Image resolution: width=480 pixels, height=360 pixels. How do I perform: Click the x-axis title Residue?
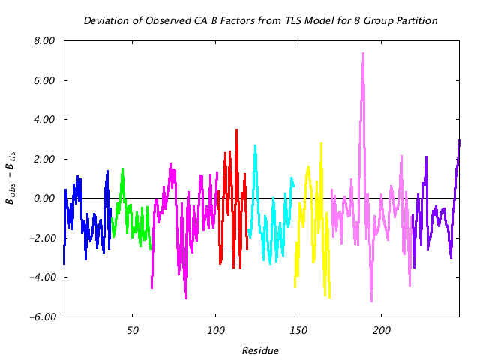pos(261,350)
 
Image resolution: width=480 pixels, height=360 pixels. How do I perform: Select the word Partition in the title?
pos(417,20)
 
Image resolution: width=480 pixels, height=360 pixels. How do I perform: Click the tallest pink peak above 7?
pos(363,53)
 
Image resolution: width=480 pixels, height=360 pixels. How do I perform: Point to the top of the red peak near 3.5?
pos(236,130)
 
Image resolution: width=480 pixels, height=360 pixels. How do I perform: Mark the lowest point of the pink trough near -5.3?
pos(371,301)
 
